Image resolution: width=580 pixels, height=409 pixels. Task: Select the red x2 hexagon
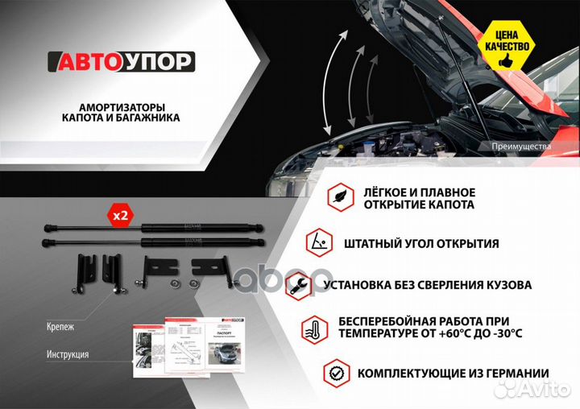click(120, 216)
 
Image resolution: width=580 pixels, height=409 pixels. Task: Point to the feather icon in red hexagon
click(338, 197)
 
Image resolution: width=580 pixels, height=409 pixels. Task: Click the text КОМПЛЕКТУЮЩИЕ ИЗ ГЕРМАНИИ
click(453, 374)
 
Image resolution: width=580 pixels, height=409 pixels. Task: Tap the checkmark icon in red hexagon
click(336, 373)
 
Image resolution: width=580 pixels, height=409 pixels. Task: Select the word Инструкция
click(68, 354)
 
